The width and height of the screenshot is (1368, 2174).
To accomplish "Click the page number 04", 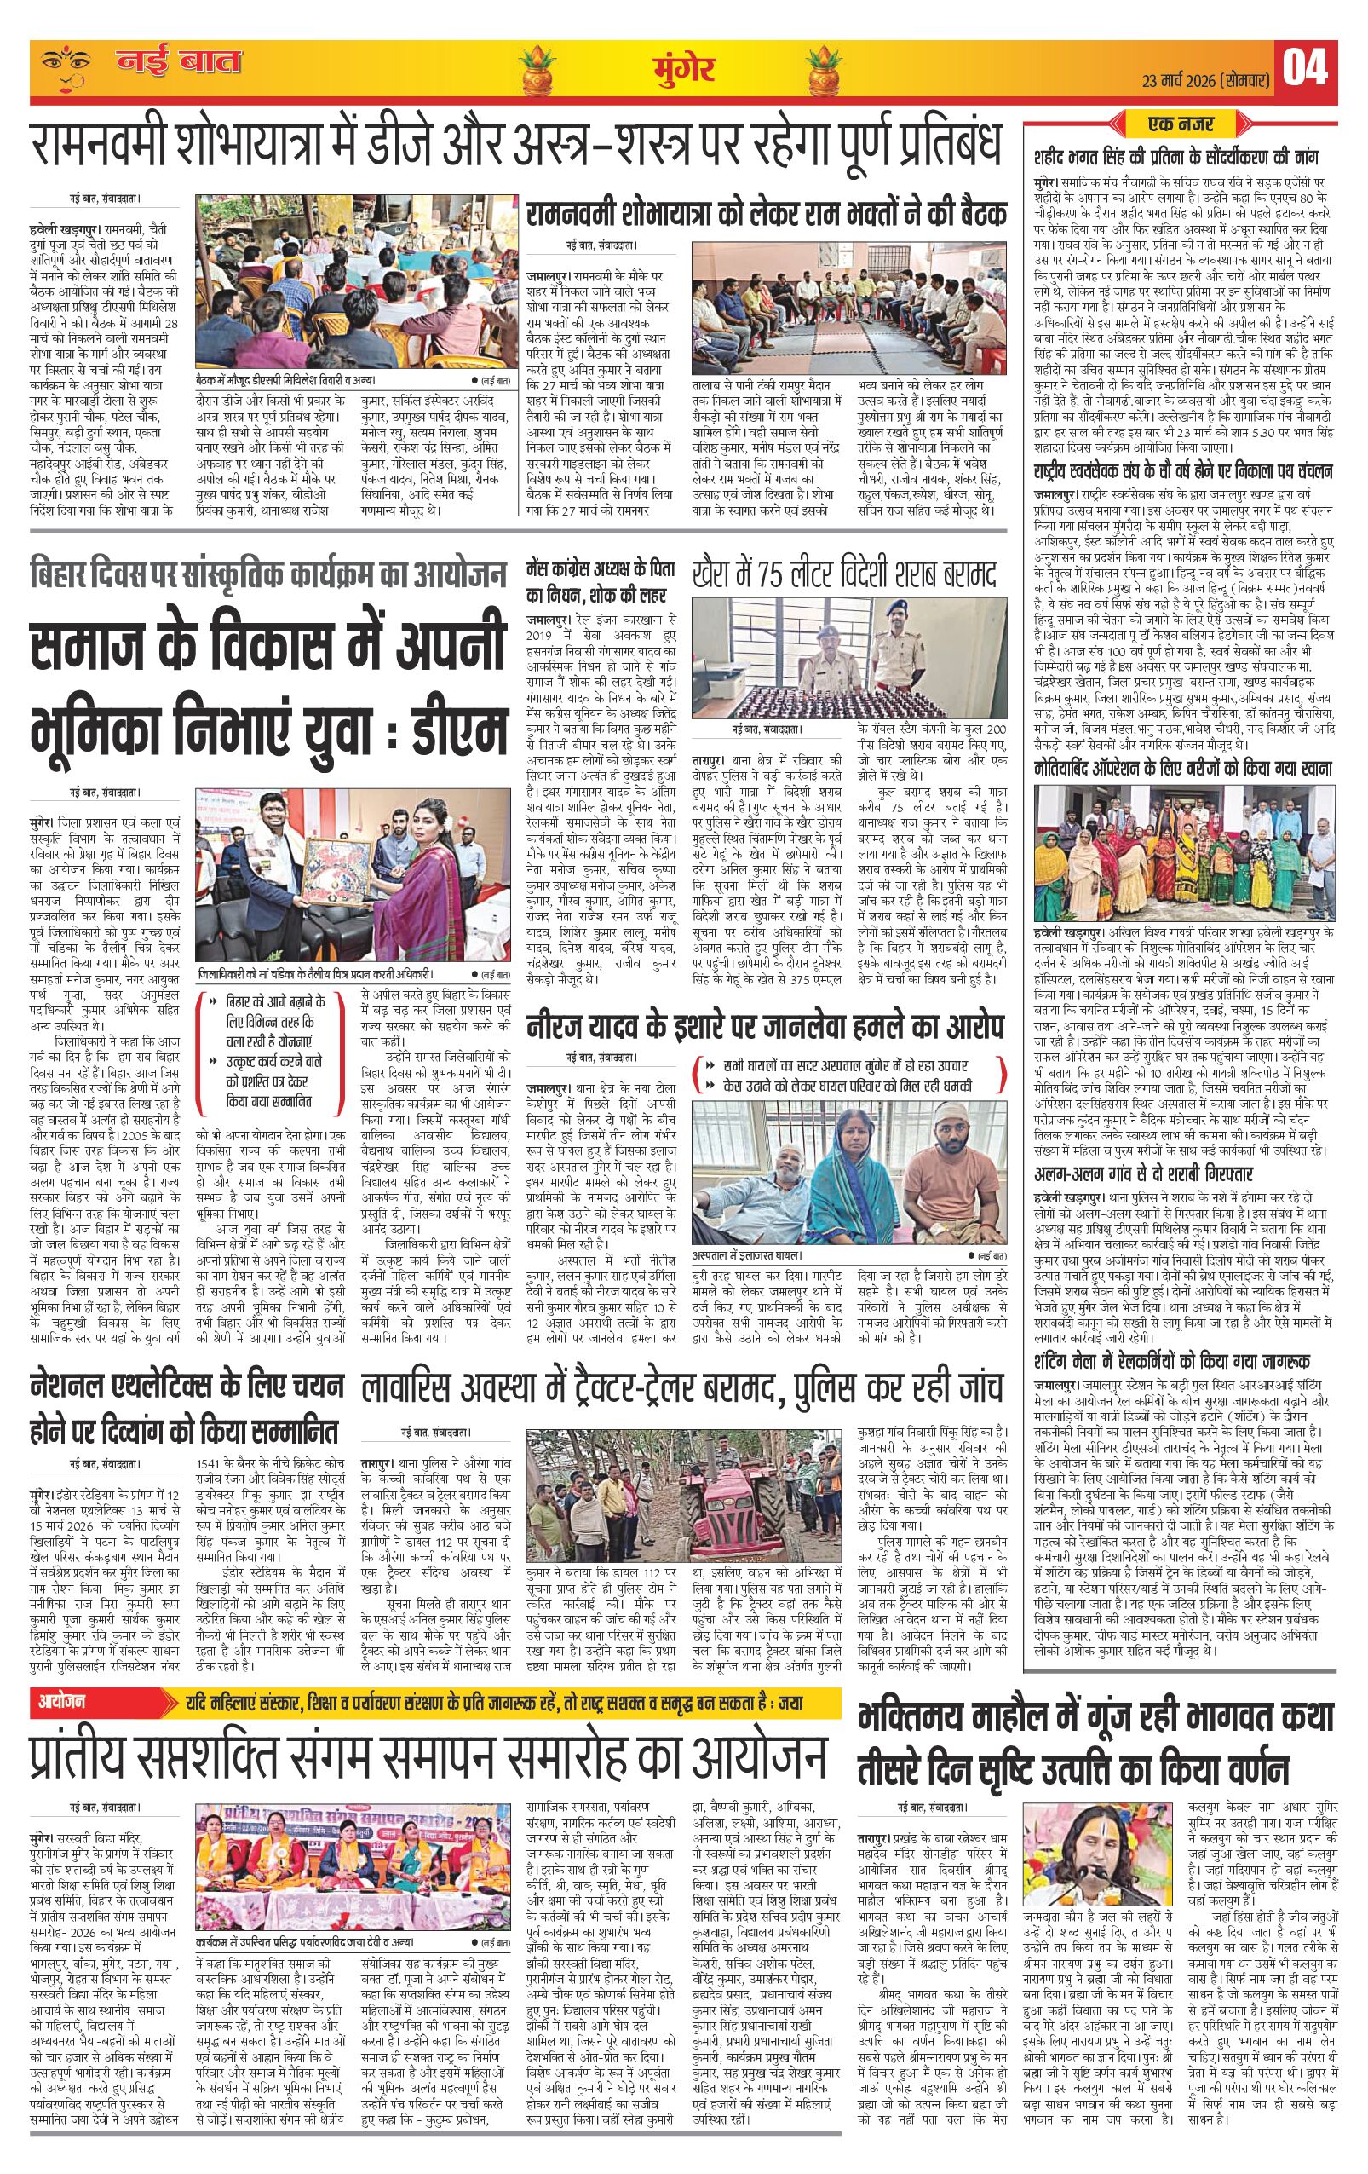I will tap(1304, 67).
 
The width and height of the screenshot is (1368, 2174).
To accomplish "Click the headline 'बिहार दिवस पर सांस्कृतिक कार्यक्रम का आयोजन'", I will tap(268, 575).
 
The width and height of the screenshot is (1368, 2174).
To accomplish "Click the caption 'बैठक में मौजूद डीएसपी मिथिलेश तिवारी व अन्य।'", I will tap(285, 380).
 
